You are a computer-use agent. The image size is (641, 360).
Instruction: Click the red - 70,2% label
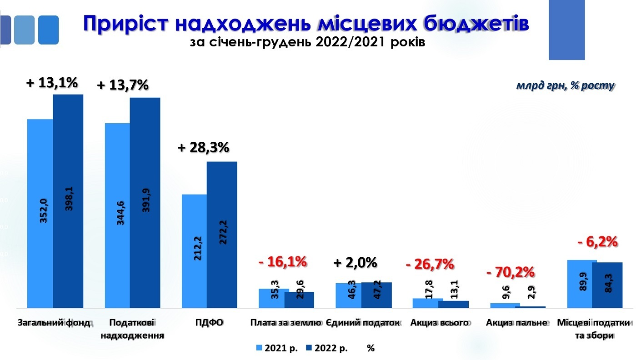pyautogui.click(x=511, y=272)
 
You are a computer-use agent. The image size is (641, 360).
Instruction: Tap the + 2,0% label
pyautogui.click(x=356, y=263)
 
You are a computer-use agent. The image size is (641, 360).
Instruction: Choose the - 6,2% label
pyautogui.click(x=597, y=242)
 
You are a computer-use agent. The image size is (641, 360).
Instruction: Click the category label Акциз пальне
pyautogui.click(x=515, y=323)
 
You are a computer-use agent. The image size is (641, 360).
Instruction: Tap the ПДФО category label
pyautogui.click(x=210, y=323)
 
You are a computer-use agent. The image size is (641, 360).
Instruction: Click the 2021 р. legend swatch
pyautogui.click(x=260, y=348)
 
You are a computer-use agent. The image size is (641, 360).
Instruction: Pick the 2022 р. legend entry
pyautogui.click(x=327, y=348)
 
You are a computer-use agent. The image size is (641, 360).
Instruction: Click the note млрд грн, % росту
pyautogui.click(x=565, y=85)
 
